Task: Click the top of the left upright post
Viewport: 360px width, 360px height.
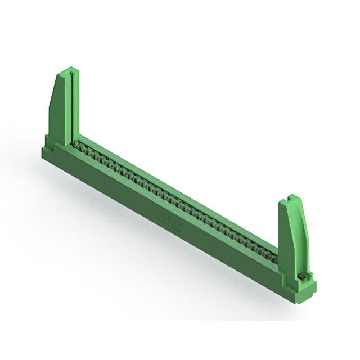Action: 67,71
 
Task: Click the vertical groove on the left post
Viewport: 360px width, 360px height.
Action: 70,107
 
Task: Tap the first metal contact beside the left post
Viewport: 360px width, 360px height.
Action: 79,146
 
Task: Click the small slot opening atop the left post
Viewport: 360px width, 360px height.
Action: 70,71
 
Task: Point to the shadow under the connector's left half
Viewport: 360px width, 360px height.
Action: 101,214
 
